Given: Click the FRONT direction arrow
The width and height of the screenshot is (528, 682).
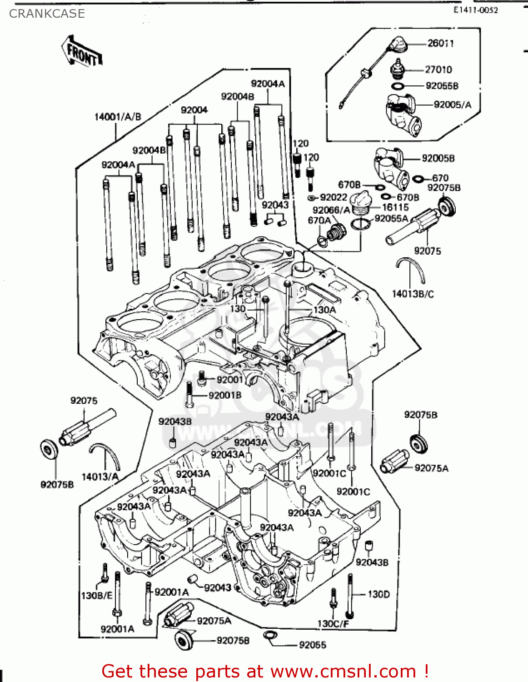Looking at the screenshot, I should (x=82, y=51).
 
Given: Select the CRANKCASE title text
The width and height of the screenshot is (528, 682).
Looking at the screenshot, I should (x=47, y=14).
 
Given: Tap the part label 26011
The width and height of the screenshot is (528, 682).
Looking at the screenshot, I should (x=440, y=43).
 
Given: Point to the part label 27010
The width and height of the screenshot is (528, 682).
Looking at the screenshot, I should (x=438, y=70).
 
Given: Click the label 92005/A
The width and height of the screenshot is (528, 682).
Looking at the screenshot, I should (x=453, y=105).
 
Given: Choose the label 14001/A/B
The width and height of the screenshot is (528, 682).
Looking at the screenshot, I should (x=118, y=117).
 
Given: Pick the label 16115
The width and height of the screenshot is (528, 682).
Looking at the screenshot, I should (x=395, y=207).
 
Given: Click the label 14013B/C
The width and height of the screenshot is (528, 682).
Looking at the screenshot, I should (x=413, y=294).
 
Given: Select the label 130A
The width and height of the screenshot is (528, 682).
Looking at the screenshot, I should (x=324, y=310).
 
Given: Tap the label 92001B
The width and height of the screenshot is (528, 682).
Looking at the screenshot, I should (x=225, y=395).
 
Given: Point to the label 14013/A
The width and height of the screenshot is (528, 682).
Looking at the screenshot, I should (x=100, y=476).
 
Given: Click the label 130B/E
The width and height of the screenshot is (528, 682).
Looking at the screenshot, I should (x=96, y=595).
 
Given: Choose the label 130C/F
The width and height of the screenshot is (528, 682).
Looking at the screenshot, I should (x=333, y=624).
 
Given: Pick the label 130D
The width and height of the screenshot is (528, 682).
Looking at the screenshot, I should (x=379, y=594).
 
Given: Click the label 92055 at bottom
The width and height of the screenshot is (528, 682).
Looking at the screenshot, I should (x=312, y=645).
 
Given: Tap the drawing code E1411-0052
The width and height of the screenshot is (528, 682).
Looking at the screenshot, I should (x=475, y=10).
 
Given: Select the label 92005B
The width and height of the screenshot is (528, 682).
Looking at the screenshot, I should (x=438, y=158).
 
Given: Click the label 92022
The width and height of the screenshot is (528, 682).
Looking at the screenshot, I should (x=334, y=197).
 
